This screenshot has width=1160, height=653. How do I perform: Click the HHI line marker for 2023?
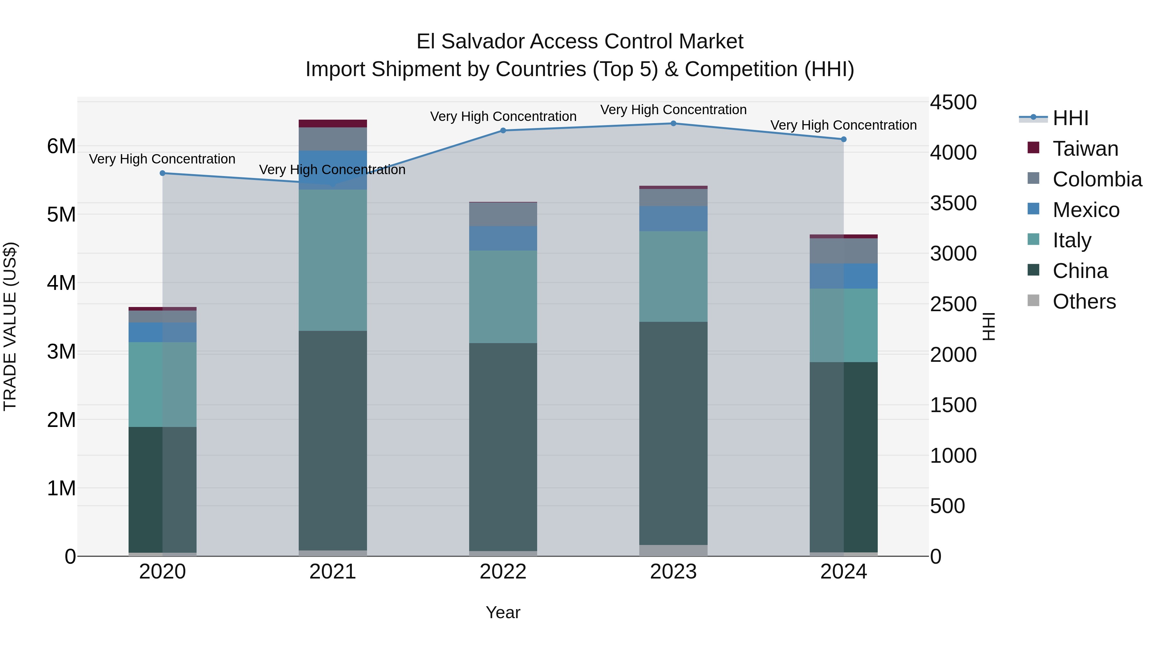[673, 124]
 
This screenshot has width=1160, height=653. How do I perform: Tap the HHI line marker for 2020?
[163, 173]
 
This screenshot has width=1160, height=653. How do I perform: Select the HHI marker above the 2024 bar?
[844, 139]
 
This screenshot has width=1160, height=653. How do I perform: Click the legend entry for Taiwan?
[1085, 149]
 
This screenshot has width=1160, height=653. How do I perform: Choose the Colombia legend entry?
[1097, 179]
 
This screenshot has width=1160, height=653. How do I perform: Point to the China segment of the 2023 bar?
[673, 433]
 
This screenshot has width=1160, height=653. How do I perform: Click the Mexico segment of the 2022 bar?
[503, 238]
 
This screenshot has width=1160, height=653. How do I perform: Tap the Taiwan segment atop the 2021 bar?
[333, 124]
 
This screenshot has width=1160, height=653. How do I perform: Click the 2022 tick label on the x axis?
[503, 572]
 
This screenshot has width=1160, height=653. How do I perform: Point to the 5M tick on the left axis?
[62, 214]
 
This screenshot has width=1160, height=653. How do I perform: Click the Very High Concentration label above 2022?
[503, 116]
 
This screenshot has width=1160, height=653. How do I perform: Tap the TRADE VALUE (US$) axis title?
[10, 326]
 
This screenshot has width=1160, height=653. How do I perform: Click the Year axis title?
[503, 612]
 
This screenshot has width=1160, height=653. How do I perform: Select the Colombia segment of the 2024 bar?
[844, 251]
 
